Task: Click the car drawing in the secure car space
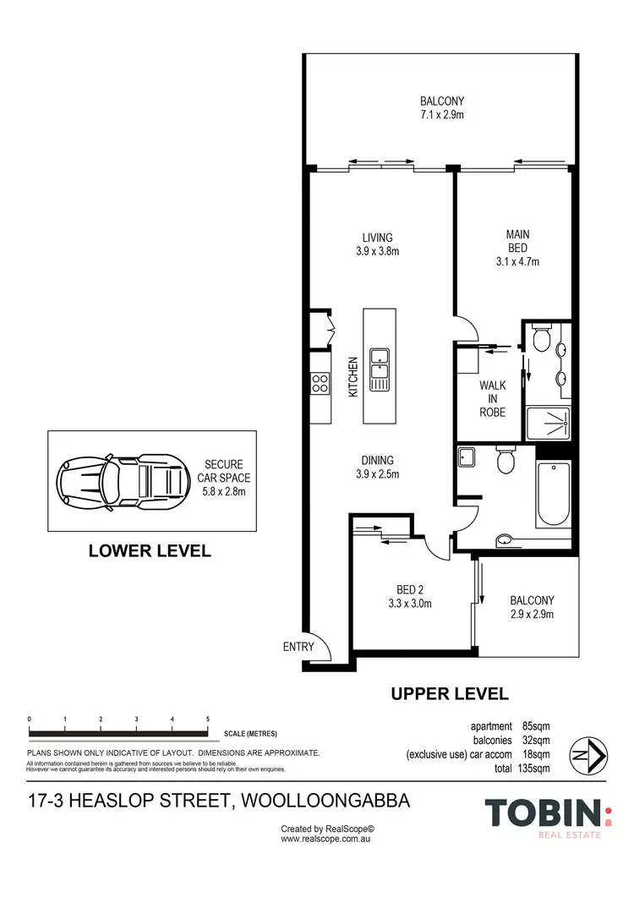coord(123,480)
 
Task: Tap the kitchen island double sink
coord(379,370)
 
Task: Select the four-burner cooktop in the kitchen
coord(320,383)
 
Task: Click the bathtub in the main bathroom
coord(553,495)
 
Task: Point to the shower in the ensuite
coord(548,424)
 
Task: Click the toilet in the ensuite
coord(541,338)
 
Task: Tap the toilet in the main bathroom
coord(506,460)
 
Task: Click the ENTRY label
coord(298,647)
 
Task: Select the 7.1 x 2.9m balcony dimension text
coord(442,115)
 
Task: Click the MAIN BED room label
coord(518,241)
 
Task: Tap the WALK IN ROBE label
coord(493,399)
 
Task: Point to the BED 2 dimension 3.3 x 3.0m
coord(410,604)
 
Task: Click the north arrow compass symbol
coord(589,757)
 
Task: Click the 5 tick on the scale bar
coord(208,719)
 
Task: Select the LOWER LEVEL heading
coord(150,551)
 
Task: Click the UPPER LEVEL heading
coord(450,694)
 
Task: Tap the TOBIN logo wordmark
coord(544,813)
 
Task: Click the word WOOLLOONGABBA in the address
coord(325,801)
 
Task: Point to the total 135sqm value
coord(534,768)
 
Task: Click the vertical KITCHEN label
coord(353,377)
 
